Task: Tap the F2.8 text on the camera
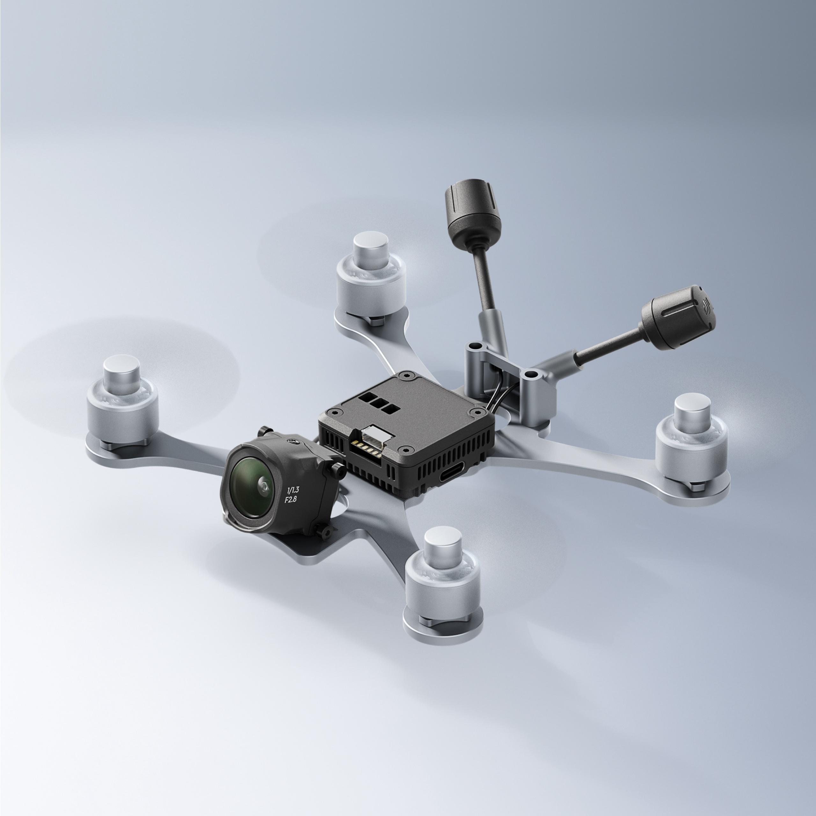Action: [291, 500]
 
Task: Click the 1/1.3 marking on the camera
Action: [293, 490]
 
